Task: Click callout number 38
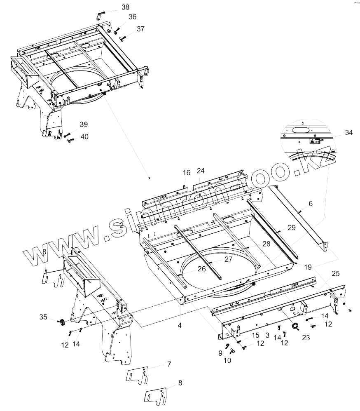click(x=125, y=7)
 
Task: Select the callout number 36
click(x=132, y=17)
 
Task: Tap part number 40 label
click(x=84, y=136)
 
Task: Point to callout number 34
click(x=349, y=132)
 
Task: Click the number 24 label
click(x=200, y=170)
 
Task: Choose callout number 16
click(x=187, y=173)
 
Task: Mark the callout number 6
click(x=310, y=204)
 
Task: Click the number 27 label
click(x=228, y=259)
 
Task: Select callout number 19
click(x=309, y=267)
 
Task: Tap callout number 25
click(x=335, y=273)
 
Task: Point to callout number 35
click(x=44, y=317)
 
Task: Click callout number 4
click(x=180, y=325)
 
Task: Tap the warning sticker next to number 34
click(x=313, y=141)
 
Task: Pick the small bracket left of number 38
click(x=100, y=16)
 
